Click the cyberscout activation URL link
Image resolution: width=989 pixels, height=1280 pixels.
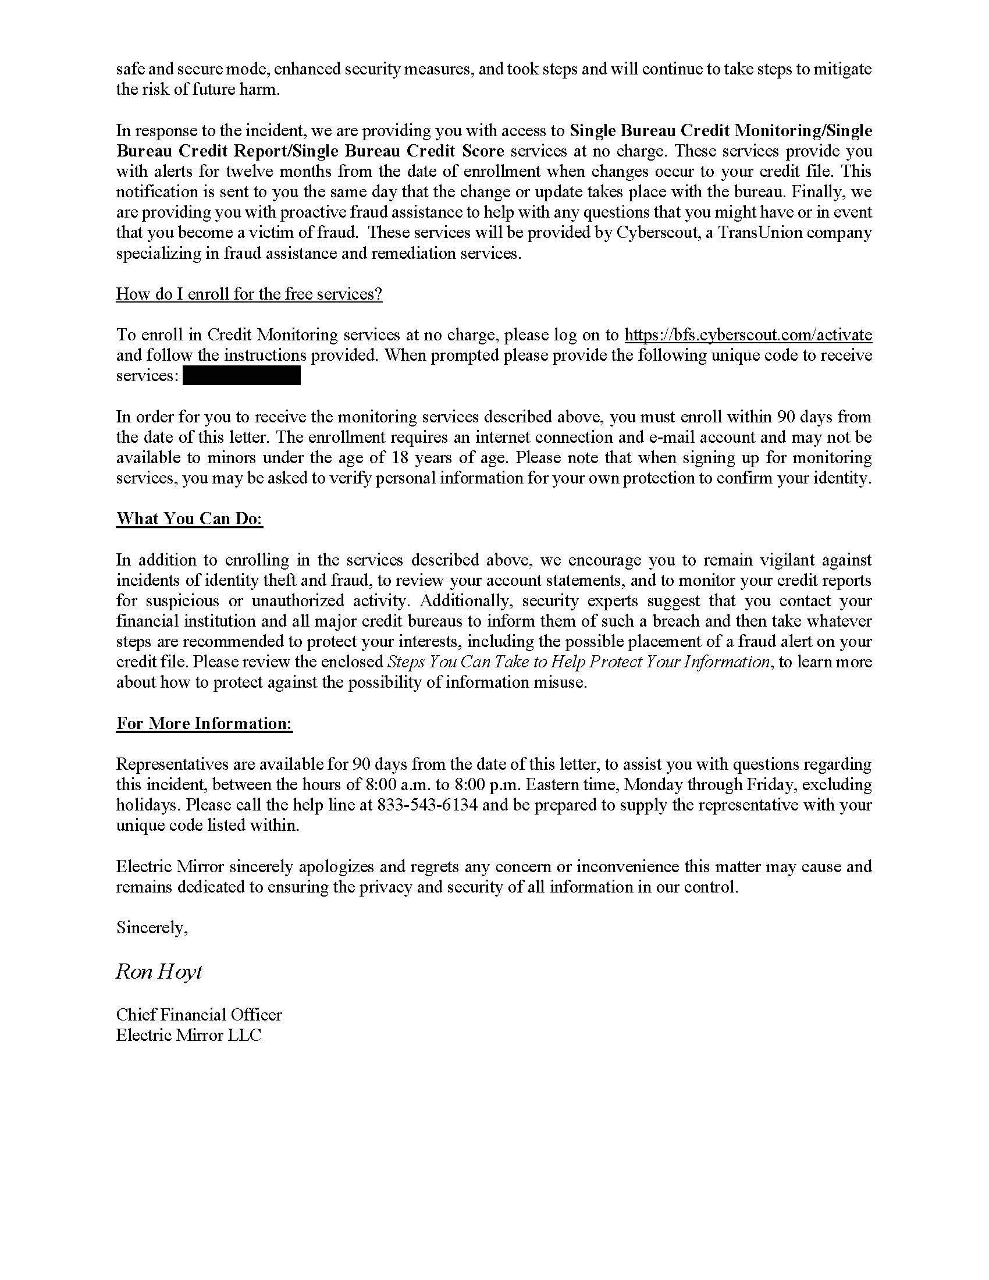pos(748,335)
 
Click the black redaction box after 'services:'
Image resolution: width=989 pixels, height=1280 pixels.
pos(241,376)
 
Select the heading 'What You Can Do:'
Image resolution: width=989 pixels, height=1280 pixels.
pos(189,518)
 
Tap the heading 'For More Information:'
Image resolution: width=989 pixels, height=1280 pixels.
pos(204,723)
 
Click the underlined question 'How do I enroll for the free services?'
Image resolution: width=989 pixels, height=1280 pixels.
pos(249,294)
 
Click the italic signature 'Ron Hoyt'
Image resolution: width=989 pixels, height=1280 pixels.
pos(159,971)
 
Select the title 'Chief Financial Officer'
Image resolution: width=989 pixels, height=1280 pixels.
pos(198,1015)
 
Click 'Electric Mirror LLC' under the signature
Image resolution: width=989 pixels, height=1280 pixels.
pos(188,1035)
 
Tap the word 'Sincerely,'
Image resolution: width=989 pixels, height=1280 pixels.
pos(152,927)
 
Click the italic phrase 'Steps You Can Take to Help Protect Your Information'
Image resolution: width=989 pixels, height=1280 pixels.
pos(578,662)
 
